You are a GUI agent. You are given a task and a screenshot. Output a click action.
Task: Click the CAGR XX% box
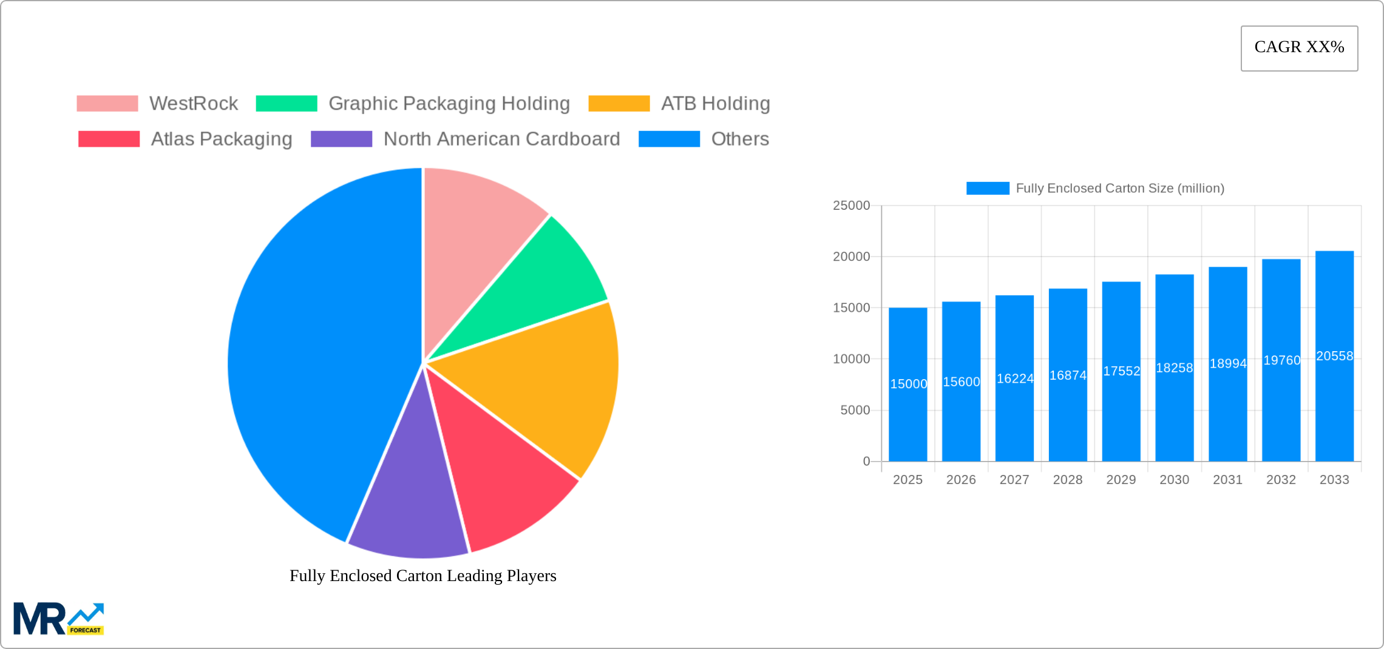(1299, 48)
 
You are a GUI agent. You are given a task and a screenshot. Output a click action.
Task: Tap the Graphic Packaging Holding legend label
(449, 104)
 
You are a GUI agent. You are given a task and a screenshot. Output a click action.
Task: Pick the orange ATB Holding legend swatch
(619, 104)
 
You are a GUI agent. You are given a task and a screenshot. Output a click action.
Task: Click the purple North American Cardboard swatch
(341, 139)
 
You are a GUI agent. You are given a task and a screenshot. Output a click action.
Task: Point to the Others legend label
(739, 139)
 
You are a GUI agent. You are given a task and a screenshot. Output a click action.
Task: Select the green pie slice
(534, 285)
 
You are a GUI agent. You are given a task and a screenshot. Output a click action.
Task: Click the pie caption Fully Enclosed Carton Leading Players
(422, 576)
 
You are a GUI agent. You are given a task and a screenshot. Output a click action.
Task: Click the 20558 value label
(1334, 356)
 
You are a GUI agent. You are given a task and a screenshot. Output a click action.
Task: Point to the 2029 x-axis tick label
(1121, 480)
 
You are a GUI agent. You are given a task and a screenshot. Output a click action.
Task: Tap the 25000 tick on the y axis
(851, 206)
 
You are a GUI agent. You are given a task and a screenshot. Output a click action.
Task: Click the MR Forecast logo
(59, 619)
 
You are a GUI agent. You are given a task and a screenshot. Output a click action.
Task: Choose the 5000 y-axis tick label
(855, 411)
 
